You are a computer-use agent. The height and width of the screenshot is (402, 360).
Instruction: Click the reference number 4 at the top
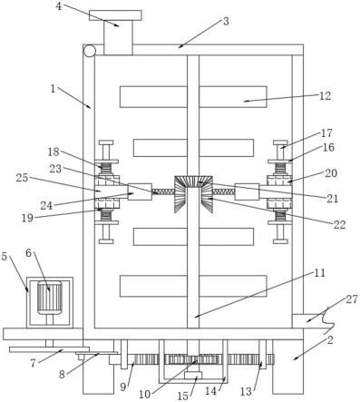(59, 6)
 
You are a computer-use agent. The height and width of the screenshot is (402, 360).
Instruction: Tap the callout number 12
(325, 96)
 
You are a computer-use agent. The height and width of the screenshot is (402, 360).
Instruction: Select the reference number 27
(352, 299)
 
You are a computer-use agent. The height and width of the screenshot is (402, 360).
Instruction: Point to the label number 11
(319, 273)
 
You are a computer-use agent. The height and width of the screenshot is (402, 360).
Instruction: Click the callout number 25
(22, 178)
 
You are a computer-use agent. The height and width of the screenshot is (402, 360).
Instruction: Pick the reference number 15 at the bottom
(183, 396)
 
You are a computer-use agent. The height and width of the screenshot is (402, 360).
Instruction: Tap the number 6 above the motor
(28, 253)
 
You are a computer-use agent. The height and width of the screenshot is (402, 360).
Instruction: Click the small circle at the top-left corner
(90, 51)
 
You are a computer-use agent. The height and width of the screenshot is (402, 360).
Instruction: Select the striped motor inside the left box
(49, 298)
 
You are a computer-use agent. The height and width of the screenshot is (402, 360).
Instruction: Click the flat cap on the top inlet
(115, 15)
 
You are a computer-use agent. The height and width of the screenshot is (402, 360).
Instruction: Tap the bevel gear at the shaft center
(193, 194)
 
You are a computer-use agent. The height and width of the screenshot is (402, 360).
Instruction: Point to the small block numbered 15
(193, 376)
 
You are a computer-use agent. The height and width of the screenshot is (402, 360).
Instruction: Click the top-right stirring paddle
(233, 97)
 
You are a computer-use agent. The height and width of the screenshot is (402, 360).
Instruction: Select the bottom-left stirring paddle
(153, 286)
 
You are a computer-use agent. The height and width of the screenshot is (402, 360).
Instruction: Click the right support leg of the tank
(287, 367)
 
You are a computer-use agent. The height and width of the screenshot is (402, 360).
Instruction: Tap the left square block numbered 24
(140, 191)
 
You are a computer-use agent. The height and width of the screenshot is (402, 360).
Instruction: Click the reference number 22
(339, 225)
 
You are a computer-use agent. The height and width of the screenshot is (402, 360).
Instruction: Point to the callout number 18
(54, 152)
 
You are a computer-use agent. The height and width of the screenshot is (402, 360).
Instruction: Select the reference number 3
(226, 22)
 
